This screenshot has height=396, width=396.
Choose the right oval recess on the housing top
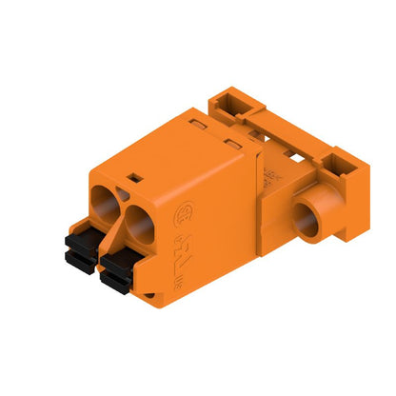232,145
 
